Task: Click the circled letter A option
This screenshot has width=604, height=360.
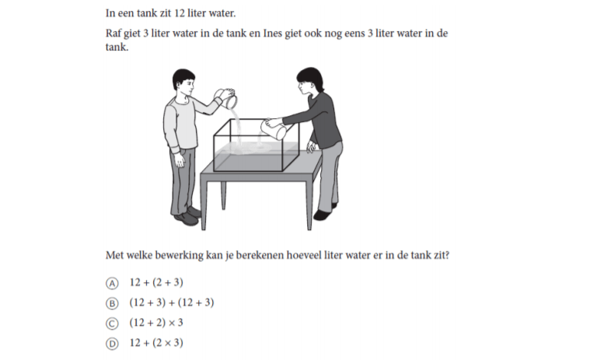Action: point(112,283)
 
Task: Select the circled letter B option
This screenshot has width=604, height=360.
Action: point(112,303)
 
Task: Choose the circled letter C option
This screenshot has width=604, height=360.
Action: point(112,323)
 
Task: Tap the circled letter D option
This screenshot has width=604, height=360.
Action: point(112,344)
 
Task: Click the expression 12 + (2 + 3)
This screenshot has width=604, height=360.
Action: point(156,282)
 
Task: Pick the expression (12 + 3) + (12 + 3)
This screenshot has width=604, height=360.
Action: point(172,302)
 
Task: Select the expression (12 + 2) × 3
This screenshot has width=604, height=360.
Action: point(156,323)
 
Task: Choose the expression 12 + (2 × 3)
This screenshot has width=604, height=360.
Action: point(156,343)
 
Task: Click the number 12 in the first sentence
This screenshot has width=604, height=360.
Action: point(179,13)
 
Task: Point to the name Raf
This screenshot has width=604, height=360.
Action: point(113,33)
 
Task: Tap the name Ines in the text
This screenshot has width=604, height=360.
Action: point(272,33)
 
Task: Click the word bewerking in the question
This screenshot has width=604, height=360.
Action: point(179,256)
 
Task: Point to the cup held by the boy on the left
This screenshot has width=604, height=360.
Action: point(226,98)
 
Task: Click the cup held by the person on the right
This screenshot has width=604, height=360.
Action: point(274,130)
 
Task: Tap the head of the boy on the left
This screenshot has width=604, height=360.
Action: point(183,82)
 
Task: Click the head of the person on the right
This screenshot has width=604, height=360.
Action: point(309,82)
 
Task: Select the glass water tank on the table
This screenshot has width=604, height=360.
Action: point(257,145)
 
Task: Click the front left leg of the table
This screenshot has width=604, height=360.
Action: point(204,204)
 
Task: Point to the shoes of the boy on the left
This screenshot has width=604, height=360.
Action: point(187,216)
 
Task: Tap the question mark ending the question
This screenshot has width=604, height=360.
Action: point(447,255)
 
